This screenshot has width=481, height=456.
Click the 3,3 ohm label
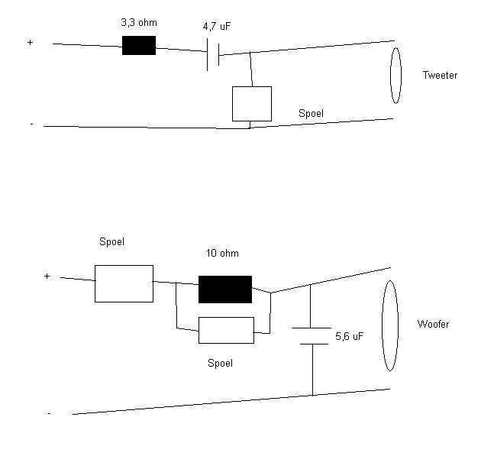pos(139,23)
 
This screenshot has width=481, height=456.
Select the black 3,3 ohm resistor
pos(139,45)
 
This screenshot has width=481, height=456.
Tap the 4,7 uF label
pos(217,27)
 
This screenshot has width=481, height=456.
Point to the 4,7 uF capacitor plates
pos(213,55)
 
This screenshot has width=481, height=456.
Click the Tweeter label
pos(440,75)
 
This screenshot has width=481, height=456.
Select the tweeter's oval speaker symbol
pos(395,76)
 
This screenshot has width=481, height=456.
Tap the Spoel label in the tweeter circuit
pos(311,113)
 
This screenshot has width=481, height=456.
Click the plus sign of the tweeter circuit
pos(30,42)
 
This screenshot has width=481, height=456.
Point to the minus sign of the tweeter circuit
pos(31,124)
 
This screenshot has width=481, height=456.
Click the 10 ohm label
pos(222,253)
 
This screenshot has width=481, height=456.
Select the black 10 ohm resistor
pos(225,289)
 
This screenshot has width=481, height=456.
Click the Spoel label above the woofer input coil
pos(112,241)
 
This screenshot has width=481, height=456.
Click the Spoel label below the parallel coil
pos(220,363)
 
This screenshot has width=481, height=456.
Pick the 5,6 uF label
pos(350,336)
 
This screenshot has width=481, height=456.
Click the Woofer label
pos(433,324)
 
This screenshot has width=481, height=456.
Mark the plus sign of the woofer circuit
pos(47,277)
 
